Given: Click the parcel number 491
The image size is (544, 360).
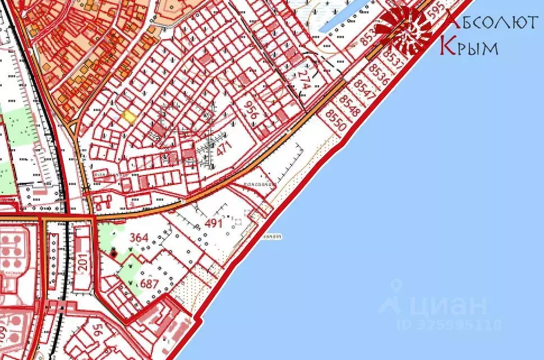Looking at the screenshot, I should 214,223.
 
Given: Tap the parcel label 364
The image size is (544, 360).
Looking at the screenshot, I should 139,238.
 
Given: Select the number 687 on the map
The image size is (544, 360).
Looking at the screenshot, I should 149,284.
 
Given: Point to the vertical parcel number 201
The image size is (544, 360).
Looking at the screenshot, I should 84,262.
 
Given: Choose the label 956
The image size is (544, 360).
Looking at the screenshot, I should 252,109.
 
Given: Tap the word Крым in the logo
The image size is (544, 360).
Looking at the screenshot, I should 469,47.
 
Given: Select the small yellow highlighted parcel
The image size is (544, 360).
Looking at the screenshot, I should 129,117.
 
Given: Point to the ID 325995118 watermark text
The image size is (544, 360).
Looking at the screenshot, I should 449,325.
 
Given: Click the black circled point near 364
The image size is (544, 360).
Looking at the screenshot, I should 114,253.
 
